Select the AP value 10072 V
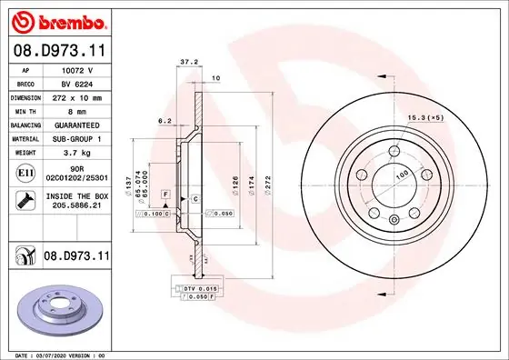pyautogui.click(x=72, y=68)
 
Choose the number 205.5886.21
pyautogui.click(x=72, y=206)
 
